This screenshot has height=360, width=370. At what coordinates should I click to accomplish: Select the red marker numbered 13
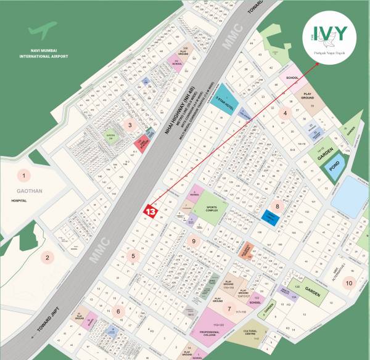pos(150,211)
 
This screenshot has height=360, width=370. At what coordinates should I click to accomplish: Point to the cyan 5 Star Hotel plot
pos(228,96)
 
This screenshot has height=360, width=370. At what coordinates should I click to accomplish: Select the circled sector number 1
pos(23,176)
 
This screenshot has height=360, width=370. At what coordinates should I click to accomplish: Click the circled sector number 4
pos(284,113)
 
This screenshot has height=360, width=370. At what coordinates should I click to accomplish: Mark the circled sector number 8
pos(277,207)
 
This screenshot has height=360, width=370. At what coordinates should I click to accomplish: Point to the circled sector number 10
pos(350,283)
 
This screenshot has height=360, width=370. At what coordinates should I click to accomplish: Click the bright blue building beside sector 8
pos(270,216)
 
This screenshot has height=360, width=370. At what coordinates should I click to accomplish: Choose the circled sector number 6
pos(118,311)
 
